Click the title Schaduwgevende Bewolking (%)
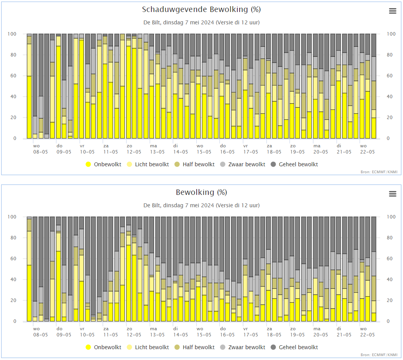201,10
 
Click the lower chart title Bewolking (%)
201,192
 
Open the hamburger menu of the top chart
393,11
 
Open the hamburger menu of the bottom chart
393,194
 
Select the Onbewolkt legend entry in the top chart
103,164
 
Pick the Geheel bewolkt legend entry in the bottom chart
294,347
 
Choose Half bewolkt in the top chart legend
194,164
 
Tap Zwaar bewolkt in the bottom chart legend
243,347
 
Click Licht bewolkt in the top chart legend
148,164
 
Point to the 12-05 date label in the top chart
134,152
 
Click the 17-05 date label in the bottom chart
250,334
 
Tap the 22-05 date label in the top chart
367,152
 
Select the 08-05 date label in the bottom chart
40,334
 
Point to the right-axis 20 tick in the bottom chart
389,300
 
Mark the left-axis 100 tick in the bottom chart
12,217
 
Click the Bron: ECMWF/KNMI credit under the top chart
379,172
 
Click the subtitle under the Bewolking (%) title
201,205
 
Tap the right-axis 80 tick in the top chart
389,55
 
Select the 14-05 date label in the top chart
180,152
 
